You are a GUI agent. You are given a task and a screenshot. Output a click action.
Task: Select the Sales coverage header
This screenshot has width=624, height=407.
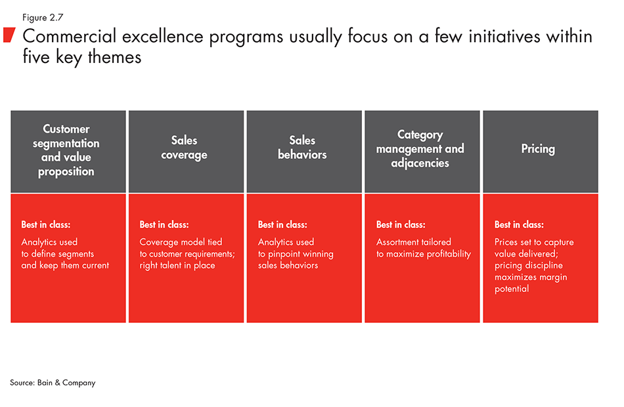click(x=184, y=148)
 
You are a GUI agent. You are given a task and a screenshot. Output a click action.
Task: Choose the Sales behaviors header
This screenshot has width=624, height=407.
click(x=302, y=148)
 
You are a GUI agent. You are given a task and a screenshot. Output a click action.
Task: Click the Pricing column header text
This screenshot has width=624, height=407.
click(x=538, y=149)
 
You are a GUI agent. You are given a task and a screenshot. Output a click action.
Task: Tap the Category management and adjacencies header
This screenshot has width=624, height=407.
click(x=420, y=148)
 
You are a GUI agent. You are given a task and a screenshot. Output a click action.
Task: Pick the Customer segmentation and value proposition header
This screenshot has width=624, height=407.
click(x=66, y=150)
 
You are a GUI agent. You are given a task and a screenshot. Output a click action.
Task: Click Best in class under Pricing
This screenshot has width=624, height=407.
click(x=519, y=225)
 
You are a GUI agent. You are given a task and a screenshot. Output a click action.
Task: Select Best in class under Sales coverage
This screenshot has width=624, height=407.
click(x=164, y=225)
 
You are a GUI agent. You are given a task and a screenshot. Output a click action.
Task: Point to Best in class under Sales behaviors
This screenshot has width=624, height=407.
click(x=282, y=225)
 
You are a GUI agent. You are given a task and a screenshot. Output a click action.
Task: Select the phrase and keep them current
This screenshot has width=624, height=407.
click(x=65, y=265)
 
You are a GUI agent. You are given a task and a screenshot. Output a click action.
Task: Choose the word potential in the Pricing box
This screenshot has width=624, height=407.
click(x=512, y=289)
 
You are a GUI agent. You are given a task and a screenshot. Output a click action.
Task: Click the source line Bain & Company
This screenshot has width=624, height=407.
click(x=53, y=383)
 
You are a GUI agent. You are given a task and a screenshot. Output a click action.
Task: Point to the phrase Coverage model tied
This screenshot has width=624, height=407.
click(x=181, y=242)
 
